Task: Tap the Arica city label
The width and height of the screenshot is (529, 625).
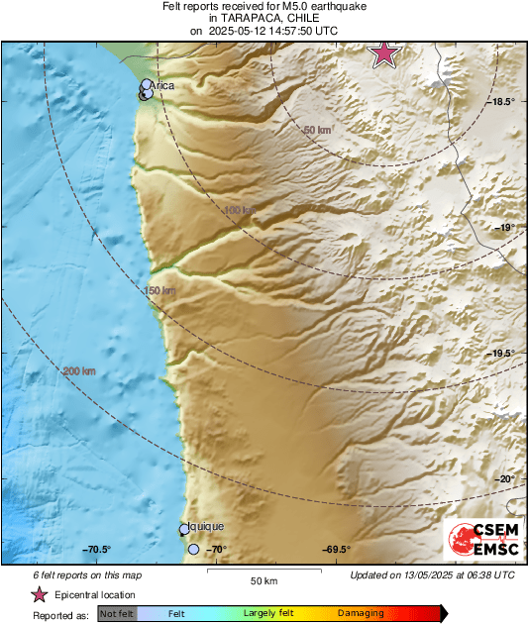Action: [163, 86]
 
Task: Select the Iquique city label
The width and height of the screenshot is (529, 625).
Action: [206, 527]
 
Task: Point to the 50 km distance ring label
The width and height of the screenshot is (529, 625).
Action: [317, 130]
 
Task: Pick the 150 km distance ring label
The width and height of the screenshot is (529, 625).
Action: [160, 290]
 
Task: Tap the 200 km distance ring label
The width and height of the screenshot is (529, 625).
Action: [79, 371]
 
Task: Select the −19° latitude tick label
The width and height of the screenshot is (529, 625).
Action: [506, 227]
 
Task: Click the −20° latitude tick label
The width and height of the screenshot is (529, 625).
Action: [505, 479]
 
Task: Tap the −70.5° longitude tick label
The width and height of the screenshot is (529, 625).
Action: [96, 550]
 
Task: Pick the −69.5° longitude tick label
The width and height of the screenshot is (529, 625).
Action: [336, 550]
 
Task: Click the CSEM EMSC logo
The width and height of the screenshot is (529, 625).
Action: [480, 541]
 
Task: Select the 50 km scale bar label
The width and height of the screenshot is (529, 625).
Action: [263, 579]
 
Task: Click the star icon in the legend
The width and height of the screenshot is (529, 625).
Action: [39, 594]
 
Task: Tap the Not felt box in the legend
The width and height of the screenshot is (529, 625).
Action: [116, 614]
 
